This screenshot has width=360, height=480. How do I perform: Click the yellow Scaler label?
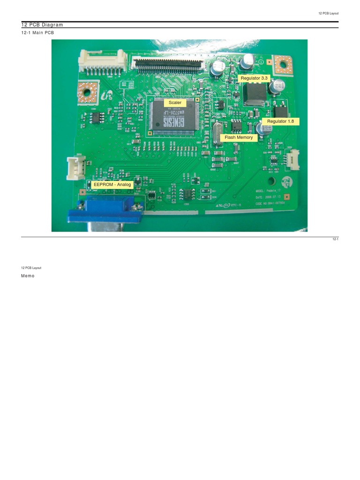(x=175, y=103)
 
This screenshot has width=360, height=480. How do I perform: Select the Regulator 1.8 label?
(x=280, y=121)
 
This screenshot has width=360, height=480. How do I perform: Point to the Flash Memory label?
(x=239, y=137)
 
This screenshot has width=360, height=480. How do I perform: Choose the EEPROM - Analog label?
(x=112, y=185)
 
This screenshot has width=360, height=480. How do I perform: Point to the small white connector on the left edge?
(x=74, y=168)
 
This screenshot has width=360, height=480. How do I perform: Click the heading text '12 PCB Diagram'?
(x=42, y=25)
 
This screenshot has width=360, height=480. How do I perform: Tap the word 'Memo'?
(x=28, y=276)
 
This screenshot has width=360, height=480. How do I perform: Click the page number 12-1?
(x=335, y=240)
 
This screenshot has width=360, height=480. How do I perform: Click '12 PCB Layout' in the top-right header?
(x=328, y=13)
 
